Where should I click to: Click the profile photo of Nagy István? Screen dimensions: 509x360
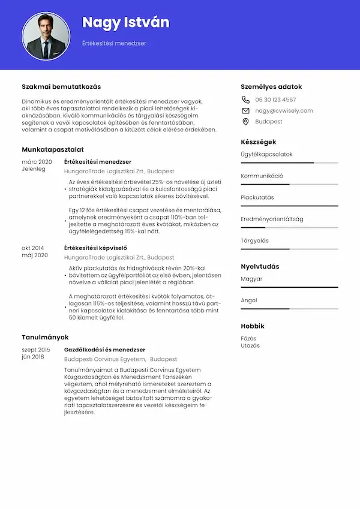(x=46, y=36)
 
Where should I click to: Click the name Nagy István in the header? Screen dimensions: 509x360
(x=125, y=23)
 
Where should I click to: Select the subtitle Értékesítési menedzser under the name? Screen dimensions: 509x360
(x=114, y=43)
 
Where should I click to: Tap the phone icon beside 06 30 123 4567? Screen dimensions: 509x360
(x=245, y=100)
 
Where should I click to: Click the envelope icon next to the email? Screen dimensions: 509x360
(x=245, y=110)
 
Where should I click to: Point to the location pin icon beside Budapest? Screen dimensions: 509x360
(x=245, y=122)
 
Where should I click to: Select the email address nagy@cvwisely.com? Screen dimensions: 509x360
(x=284, y=110)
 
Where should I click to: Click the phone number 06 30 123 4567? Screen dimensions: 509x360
(x=275, y=100)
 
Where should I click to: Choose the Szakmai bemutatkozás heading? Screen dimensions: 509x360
(x=61, y=86)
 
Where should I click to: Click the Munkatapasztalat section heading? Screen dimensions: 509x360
(x=53, y=149)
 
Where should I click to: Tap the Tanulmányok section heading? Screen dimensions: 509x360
(x=46, y=337)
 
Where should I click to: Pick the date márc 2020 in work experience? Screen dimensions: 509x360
(x=37, y=162)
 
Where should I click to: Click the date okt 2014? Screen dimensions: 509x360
(x=33, y=248)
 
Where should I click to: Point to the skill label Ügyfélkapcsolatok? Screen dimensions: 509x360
(x=266, y=154)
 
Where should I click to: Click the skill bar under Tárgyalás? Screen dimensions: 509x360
(x=290, y=249)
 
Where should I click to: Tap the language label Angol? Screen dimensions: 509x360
(x=249, y=300)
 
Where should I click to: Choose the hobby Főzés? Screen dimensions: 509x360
(x=248, y=338)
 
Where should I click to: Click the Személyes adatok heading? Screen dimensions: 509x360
(x=271, y=86)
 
